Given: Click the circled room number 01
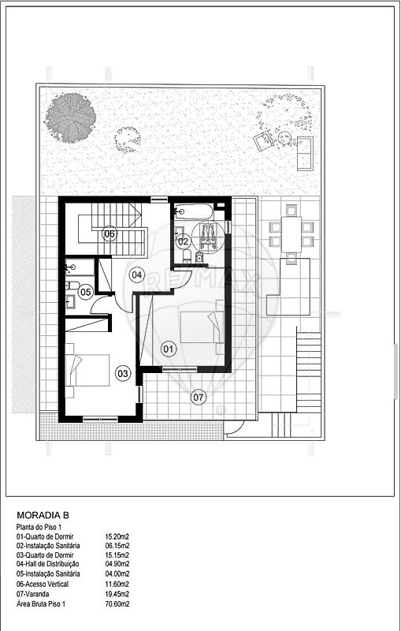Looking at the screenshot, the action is click(169, 349).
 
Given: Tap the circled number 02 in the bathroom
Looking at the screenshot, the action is click(183, 241).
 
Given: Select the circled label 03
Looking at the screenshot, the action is click(123, 373).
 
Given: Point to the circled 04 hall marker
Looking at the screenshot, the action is click(136, 274).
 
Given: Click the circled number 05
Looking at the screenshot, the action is click(85, 292).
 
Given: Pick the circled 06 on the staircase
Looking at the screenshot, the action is click(110, 233).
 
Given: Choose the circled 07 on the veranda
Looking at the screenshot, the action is click(198, 398).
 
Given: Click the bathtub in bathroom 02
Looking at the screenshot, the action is click(194, 211).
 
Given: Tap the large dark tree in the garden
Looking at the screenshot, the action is click(70, 118).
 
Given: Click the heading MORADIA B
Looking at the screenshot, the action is click(43, 515).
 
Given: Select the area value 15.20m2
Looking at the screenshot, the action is click(117, 536).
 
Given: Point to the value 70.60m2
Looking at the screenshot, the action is click(117, 603).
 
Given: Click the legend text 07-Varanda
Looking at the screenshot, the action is click(32, 594).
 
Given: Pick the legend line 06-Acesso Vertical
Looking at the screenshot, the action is click(43, 584).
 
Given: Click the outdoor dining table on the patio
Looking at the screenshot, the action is click(291, 234).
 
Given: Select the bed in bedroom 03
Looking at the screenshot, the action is click(87, 370).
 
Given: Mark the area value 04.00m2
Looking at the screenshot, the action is click(117, 574).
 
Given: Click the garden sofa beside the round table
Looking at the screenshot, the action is click(305, 153).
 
